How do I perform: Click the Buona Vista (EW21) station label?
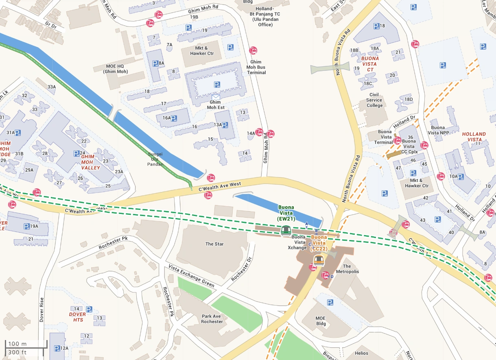[286, 213]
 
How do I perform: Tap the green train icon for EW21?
[286, 231]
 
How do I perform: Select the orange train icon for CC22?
[319, 260]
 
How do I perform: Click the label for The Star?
[214, 244]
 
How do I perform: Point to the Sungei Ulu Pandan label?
[155, 159]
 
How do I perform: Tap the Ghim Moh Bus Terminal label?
[256, 67]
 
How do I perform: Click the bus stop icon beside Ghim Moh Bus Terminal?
[253, 51]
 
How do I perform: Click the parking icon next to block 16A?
[174, 118]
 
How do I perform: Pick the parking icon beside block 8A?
[155, 63]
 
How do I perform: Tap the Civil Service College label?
[374, 100]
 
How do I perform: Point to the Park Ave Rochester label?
[212, 319]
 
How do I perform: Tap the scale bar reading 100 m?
[17, 344]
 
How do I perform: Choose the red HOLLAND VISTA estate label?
[474, 137]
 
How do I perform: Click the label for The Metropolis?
[347, 269]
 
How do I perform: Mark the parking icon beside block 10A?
[461, 177]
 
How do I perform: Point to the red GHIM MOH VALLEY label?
[90, 162]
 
